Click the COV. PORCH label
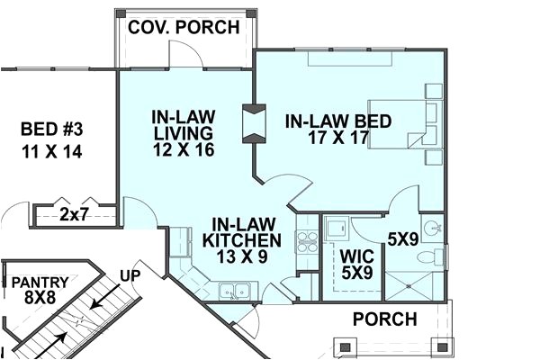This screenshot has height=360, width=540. click(183, 28)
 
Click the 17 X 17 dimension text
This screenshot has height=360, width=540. click(326, 140)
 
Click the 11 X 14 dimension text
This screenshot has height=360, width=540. click(50, 152)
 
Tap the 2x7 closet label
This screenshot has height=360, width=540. click(74, 215)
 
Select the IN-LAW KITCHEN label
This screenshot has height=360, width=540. click(241, 232)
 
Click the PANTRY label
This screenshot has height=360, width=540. click(40, 283)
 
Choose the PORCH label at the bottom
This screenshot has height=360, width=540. click(384, 319)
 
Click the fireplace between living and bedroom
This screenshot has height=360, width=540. click(254, 123)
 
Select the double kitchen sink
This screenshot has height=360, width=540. click(235, 290)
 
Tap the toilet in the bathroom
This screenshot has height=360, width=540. click(433, 258)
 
